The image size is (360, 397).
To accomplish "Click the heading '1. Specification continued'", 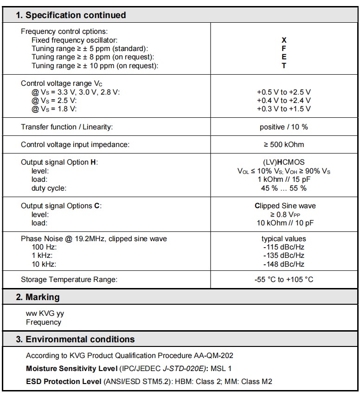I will click(71, 15).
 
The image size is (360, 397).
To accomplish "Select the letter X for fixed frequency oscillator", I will click(284, 40).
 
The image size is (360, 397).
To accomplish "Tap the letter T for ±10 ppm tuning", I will click(284, 65).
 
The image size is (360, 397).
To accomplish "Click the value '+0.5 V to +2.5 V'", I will click(283, 92).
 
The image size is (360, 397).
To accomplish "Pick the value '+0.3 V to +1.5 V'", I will click(283, 109).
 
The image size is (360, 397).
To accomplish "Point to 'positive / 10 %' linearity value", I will click(283, 127).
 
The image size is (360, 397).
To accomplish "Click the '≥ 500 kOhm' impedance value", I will click(283, 144).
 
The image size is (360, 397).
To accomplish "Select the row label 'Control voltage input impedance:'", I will click(75, 144).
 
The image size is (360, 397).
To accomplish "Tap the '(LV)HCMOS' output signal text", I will click(283, 162).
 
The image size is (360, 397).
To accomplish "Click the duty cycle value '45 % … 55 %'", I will click(283, 188).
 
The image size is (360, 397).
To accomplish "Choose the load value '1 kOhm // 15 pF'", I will click(283, 179).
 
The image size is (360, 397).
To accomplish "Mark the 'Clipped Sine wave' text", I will click(283, 205).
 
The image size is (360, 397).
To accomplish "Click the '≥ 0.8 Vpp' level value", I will click(283, 214).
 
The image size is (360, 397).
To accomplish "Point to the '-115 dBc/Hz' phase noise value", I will click(283, 247).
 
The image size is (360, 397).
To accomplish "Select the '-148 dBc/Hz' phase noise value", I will click(283, 264).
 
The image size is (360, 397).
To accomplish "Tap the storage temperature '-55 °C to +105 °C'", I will click(283, 279).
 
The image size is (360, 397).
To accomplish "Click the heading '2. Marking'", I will click(38, 297).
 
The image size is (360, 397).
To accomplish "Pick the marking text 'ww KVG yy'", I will click(45, 314).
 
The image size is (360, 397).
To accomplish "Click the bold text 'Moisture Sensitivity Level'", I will click(71, 369).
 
